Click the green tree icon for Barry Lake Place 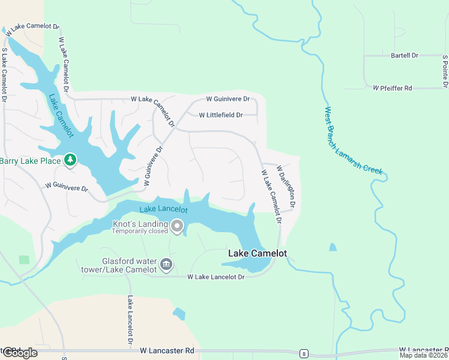coord(71,160)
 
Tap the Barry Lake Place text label coord(30,160)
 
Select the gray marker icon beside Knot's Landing coord(176,226)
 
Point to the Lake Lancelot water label coord(164,210)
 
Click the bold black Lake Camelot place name coord(257,253)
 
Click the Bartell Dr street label coord(405,55)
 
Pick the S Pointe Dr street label coord(445,71)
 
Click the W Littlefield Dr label coord(220,115)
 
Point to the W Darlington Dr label coord(286,188)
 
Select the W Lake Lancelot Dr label coord(216,277)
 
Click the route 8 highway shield coord(305,353)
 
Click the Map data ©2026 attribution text coord(423,355)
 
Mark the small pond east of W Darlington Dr coord(333,247)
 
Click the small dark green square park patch coord(24,260)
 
